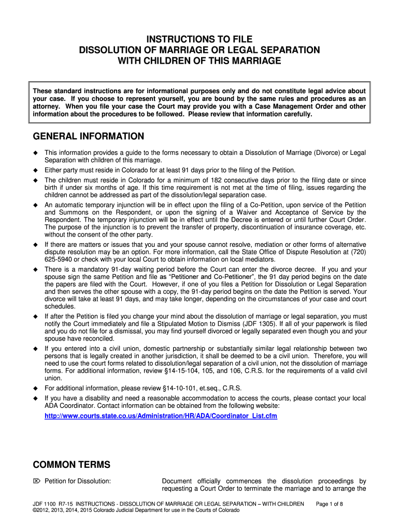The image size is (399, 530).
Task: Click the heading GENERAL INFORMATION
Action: [89, 137]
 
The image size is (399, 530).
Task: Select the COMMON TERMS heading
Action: [72, 464]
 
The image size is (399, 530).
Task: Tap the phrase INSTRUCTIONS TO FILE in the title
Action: [199, 39]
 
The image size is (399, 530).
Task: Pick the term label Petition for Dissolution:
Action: [78, 481]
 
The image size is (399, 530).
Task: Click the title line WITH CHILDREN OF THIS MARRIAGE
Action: [199, 61]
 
